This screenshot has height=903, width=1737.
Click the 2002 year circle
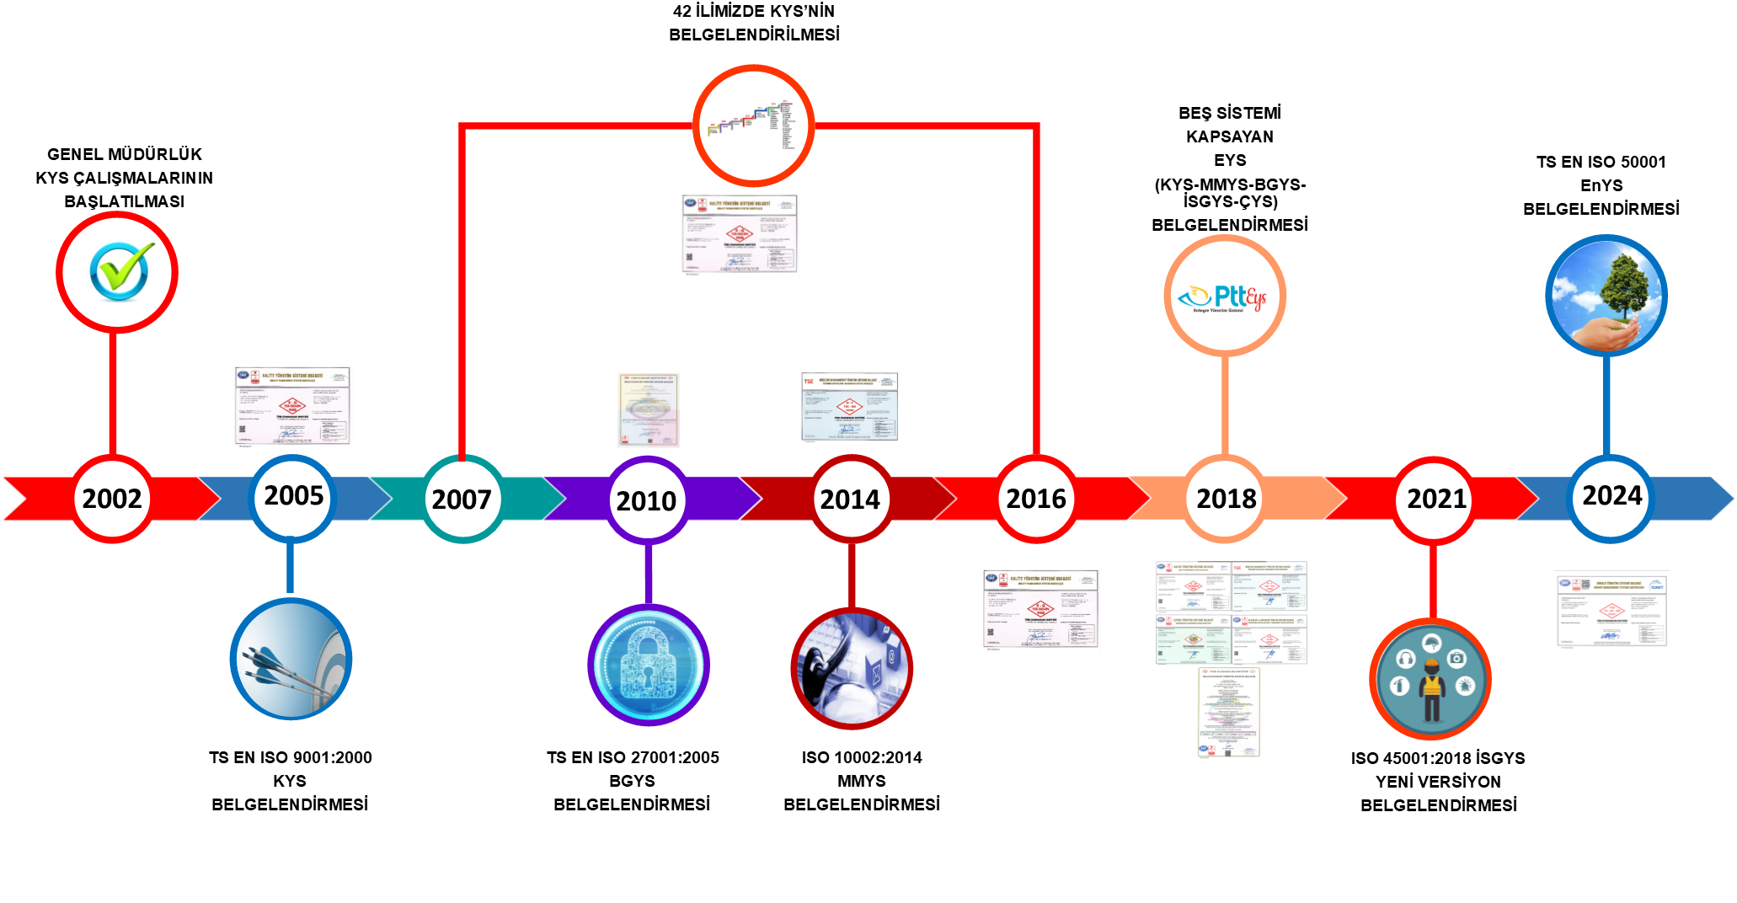(112, 499)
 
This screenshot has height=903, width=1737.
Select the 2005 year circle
(293, 496)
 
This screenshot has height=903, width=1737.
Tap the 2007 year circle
(462, 500)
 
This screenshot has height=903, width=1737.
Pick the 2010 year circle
(647, 500)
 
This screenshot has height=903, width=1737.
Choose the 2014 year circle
(851, 500)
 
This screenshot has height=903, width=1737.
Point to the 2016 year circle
(1036, 499)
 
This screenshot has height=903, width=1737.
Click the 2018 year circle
(1226, 499)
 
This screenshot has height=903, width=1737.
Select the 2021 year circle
(1435, 500)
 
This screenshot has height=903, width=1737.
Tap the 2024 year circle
(1611, 496)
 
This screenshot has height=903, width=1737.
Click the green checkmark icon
(119, 271)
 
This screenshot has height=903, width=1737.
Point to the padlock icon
(648, 665)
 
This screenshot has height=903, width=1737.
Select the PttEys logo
(1224, 297)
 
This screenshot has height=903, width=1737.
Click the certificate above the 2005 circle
(292, 408)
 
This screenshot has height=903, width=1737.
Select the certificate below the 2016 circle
(1040, 611)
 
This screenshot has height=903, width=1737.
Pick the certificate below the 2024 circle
(1611, 610)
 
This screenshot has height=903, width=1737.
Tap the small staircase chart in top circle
(752, 125)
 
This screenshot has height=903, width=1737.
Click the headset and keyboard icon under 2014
(852, 669)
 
